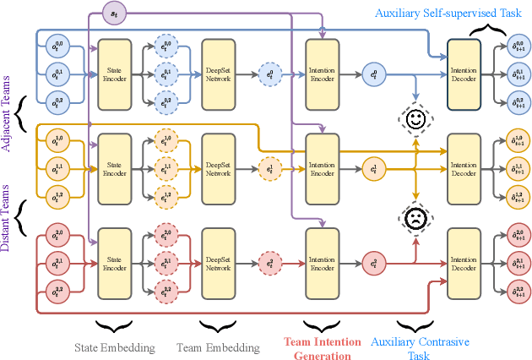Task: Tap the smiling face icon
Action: coord(415,121)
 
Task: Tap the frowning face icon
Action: coord(415,218)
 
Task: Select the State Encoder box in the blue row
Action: coord(115,74)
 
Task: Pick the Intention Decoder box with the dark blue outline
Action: coord(464,74)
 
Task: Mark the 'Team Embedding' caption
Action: coord(218,347)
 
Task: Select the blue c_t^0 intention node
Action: coord(372,74)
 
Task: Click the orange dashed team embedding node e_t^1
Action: coord(270,169)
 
